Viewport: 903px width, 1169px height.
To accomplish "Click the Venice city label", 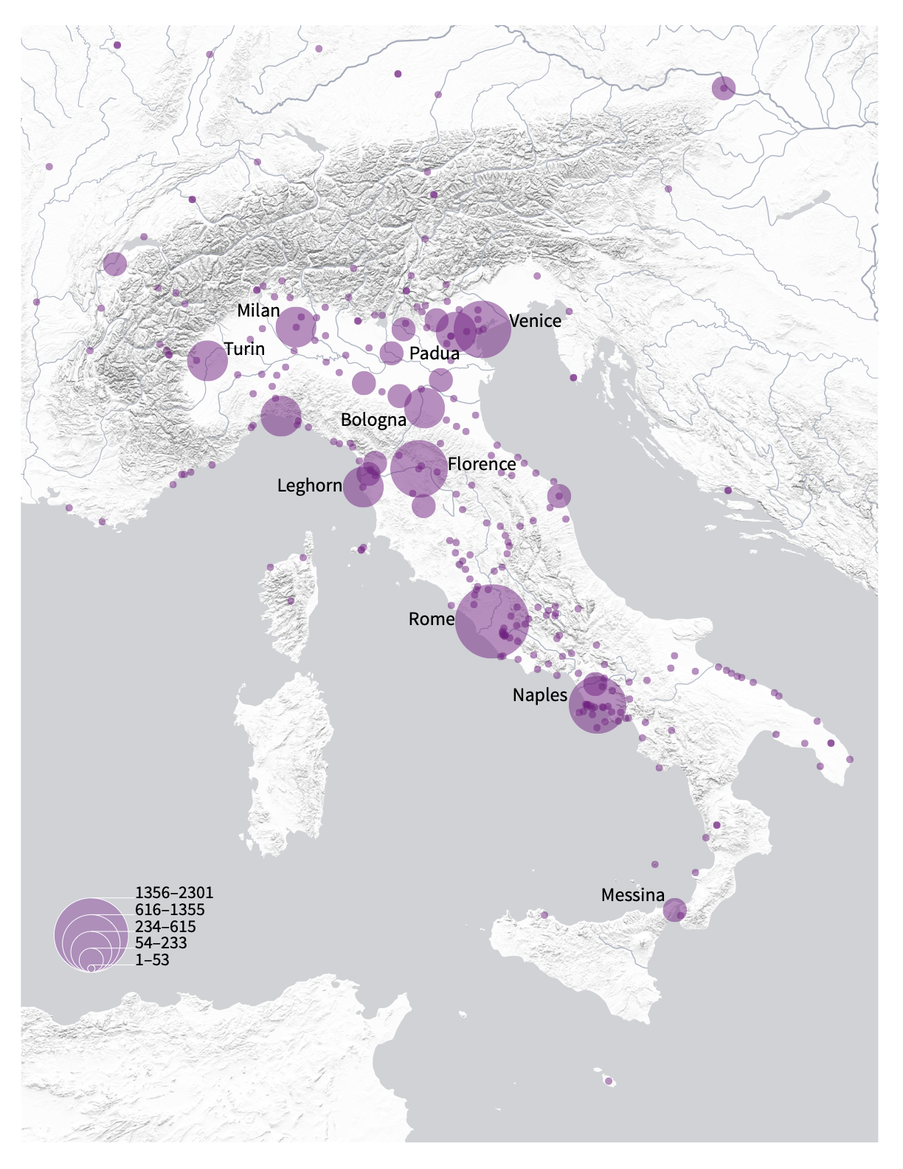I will (535, 321).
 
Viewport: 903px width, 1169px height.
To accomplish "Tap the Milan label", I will (258, 311).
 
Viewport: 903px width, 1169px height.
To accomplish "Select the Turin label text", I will (244, 348).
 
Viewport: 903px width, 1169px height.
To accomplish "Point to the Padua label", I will (435, 354).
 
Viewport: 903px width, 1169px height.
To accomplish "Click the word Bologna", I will (373, 420).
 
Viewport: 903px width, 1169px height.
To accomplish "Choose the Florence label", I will (482, 464).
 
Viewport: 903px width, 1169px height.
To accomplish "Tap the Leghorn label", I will (309, 486).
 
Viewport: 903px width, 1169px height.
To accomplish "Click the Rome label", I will (432, 619).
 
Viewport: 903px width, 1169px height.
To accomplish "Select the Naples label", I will (540, 695).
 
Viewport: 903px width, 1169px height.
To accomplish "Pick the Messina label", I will (633, 896).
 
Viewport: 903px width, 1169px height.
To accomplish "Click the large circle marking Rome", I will (491, 621).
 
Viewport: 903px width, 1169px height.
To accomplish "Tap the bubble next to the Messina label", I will (674, 911).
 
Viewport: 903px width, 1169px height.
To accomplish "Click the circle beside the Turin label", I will (207, 361).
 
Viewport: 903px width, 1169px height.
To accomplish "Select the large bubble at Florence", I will (418, 468).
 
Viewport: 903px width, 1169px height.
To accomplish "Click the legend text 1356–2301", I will (174, 893).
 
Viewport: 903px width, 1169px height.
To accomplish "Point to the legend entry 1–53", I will (152, 960).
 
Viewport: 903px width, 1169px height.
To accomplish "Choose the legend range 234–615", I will (165, 927).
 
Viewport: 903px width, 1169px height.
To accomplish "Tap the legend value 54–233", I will (161, 943).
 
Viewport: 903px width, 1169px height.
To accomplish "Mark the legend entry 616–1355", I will (170, 910).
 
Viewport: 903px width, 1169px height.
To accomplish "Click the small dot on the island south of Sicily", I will (609, 1082).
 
